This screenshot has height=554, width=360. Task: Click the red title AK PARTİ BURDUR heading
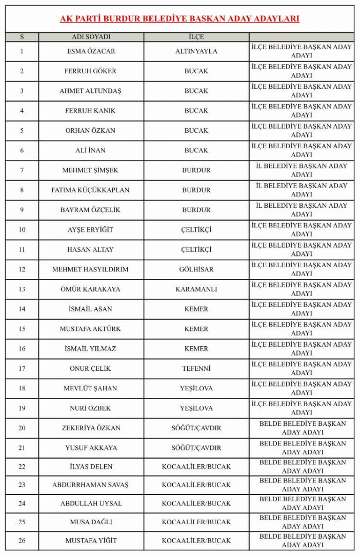(x=179, y=19)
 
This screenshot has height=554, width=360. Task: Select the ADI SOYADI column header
(x=91, y=37)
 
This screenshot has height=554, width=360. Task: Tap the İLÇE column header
(x=196, y=37)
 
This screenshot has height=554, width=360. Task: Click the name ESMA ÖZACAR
(x=91, y=51)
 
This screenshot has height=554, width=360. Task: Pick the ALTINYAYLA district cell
(x=196, y=51)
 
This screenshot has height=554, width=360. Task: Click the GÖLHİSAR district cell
(x=196, y=269)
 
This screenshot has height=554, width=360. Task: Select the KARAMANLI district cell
(x=196, y=289)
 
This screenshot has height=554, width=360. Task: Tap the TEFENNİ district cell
(x=196, y=368)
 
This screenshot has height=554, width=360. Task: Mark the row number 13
(x=22, y=289)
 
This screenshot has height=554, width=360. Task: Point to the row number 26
(x=22, y=541)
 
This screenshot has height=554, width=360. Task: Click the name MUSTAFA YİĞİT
(x=91, y=541)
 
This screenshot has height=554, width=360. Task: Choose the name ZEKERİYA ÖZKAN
(x=91, y=428)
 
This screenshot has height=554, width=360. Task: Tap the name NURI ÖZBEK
(x=91, y=408)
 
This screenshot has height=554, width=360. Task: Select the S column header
(x=22, y=37)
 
